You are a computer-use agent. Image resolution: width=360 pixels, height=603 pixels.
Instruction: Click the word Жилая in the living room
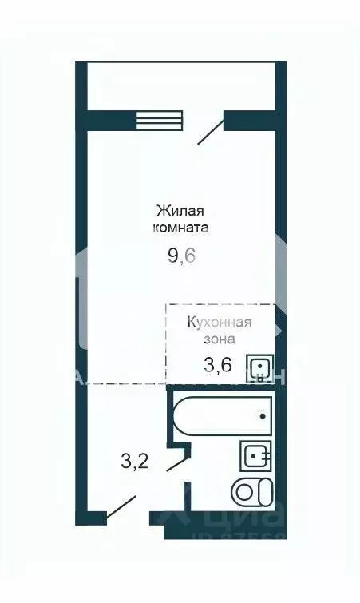point(180,211)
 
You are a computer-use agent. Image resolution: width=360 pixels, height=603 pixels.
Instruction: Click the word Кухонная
point(220,323)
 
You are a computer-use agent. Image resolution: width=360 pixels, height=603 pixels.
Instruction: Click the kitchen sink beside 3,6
point(259,368)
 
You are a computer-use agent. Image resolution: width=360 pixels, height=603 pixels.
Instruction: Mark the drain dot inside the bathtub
point(263,415)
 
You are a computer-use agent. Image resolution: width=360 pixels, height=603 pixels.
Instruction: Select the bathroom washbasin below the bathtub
point(255,456)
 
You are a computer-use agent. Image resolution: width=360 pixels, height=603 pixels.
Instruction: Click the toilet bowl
point(252,491)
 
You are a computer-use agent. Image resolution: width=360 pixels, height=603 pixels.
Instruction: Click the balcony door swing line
point(211,131)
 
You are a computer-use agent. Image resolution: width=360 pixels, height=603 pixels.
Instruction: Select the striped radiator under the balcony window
point(149,120)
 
